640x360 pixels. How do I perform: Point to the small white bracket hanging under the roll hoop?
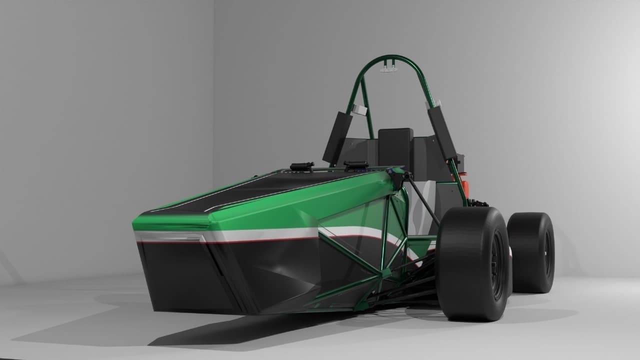[x=388, y=67]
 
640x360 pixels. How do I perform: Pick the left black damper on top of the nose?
[x=302, y=166]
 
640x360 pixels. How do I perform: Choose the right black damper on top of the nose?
[x=355, y=165]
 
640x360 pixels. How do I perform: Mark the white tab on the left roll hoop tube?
[x=358, y=109]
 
